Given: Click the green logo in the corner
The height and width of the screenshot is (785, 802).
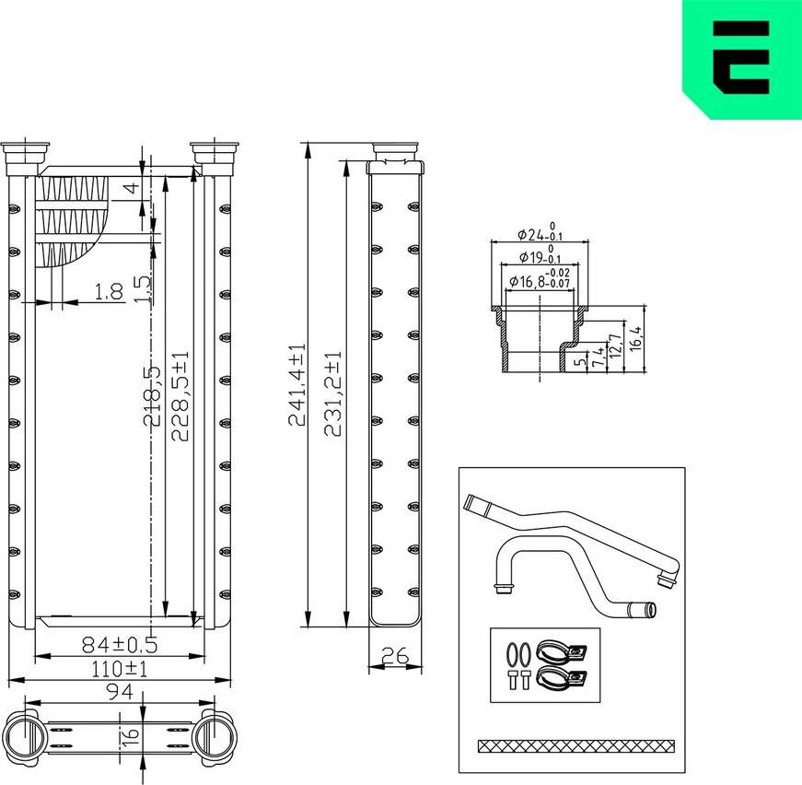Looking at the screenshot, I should [x=741, y=59].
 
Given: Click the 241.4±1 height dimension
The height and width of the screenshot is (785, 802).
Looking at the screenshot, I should [x=296, y=385].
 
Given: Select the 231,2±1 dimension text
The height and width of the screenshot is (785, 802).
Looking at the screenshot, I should [x=333, y=394].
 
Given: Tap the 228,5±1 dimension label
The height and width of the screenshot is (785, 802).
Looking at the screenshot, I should [x=181, y=396].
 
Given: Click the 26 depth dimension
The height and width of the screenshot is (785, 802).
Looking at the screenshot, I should [x=394, y=656].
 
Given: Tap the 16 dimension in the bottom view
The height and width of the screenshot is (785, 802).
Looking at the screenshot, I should [x=131, y=735].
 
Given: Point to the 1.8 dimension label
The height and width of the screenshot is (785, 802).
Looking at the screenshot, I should [x=109, y=292].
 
